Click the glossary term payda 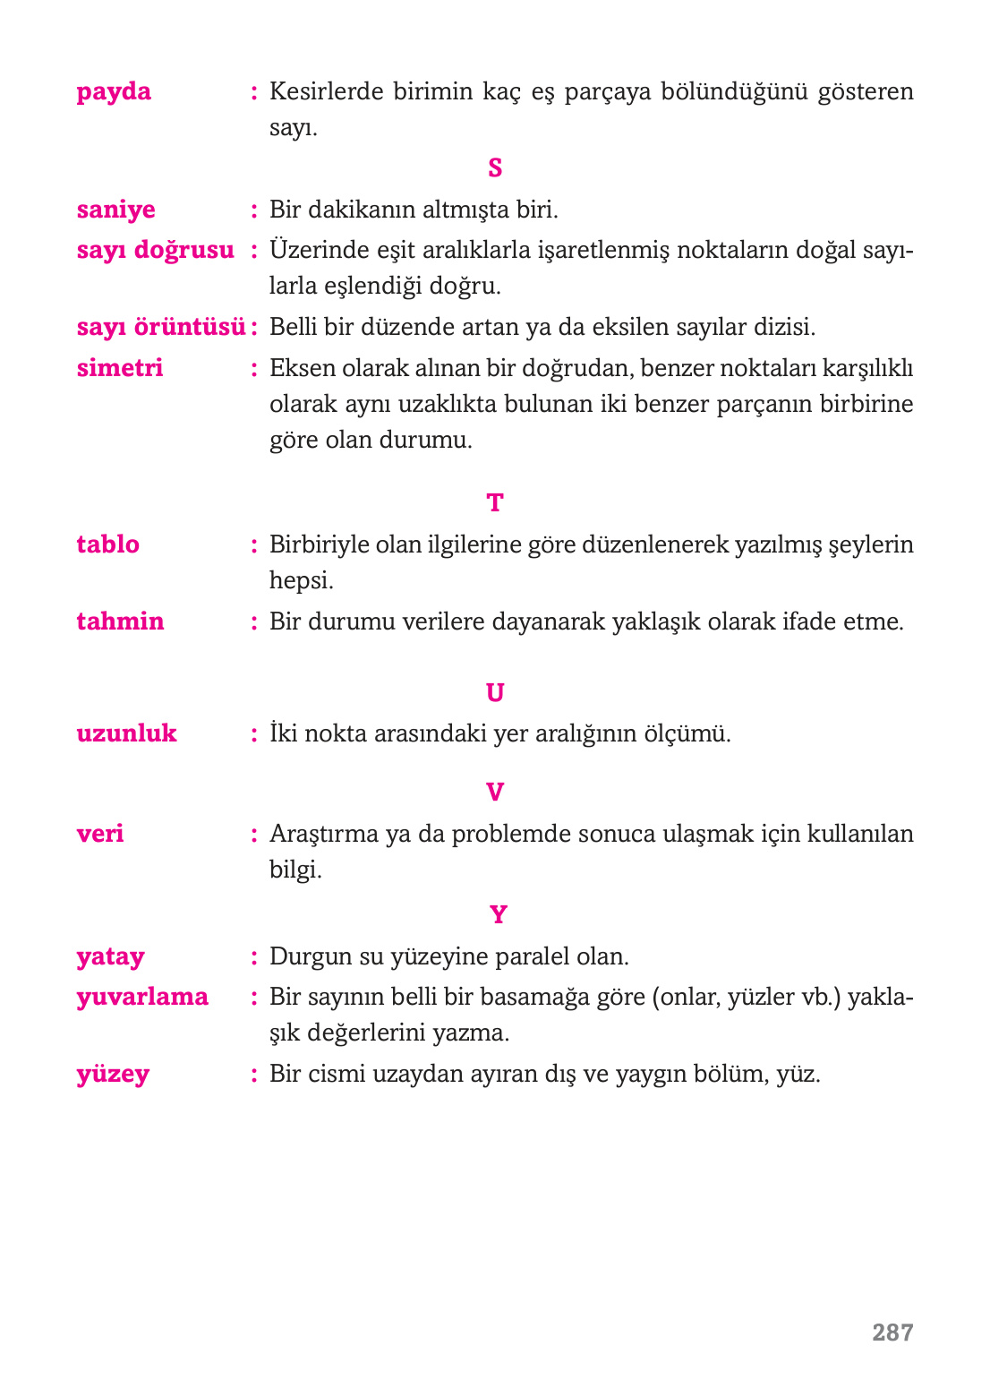point(114,92)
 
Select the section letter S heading point(495,167)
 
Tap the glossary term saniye point(115,210)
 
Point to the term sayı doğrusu point(155,251)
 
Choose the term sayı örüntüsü point(160,327)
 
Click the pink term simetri point(120,368)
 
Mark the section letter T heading point(495,503)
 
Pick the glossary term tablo point(107,544)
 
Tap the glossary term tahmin point(120,621)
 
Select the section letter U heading point(495,692)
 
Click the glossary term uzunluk point(126,733)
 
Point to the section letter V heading point(495,793)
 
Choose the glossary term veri point(100,834)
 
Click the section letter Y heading point(498,915)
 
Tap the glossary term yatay point(110,957)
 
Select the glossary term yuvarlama point(142,998)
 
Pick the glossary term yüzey point(113,1075)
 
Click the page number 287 point(892,1333)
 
